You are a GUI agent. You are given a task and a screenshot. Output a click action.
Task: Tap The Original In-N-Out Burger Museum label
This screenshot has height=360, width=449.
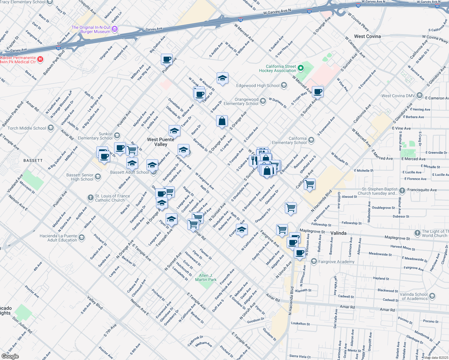[x=91, y=29]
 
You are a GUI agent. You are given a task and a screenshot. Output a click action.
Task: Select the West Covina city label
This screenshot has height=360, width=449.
[x=367, y=36]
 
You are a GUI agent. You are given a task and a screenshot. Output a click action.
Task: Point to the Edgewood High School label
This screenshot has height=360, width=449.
[x=258, y=85]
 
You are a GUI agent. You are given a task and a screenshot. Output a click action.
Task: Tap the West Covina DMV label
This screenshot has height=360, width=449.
[x=398, y=96]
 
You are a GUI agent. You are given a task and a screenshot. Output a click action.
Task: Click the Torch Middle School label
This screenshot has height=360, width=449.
[x=27, y=128]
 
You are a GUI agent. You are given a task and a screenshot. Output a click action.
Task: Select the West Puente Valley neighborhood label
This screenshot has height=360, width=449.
[x=161, y=142]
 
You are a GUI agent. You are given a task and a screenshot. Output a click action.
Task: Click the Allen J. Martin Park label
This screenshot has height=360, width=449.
[x=206, y=277]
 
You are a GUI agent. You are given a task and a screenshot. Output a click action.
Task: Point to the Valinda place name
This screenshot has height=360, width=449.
[x=338, y=233]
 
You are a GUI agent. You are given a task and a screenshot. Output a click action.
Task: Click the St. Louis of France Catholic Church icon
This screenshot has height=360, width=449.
[x=90, y=197]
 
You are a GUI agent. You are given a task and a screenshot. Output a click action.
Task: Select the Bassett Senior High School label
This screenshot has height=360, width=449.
[x=80, y=177]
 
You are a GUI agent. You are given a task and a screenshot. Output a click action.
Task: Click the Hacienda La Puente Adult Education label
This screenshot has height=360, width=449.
[x=58, y=238]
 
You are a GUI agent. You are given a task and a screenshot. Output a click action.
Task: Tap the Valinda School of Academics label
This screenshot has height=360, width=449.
[x=414, y=296]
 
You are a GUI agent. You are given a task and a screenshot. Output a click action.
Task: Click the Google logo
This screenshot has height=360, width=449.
[x=10, y=356]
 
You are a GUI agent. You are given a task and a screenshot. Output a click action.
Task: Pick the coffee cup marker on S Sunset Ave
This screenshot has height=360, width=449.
[x=318, y=91]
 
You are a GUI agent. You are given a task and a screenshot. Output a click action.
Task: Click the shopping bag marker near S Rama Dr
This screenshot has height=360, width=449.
[x=222, y=121]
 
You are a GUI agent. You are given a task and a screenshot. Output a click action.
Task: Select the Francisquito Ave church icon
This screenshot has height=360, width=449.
[x=402, y=190]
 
